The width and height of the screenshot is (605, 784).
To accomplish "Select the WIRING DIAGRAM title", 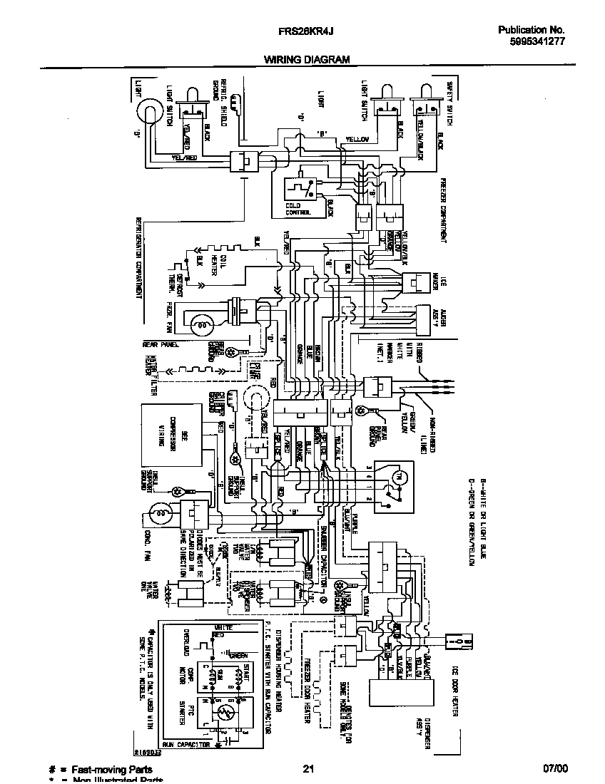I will (307, 60).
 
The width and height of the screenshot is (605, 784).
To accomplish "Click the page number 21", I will (308, 768).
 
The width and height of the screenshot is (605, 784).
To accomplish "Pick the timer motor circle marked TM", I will (399, 475).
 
